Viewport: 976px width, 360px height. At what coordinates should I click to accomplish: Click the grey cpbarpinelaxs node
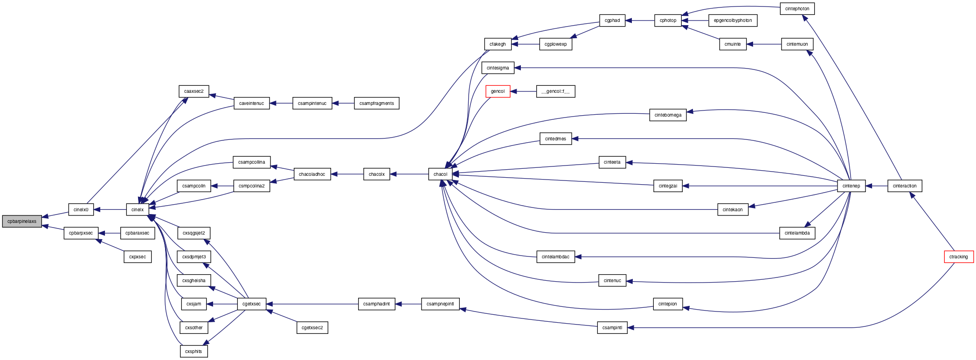coord(22,222)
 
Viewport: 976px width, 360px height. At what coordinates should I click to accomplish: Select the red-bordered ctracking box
coord(959,257)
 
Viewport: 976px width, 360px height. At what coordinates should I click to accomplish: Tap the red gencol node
coord(498,91)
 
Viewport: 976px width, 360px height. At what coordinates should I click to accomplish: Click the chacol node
coord(440,174)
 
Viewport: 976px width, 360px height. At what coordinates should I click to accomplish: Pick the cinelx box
coord(138,210)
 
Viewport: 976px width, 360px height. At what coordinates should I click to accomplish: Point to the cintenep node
coord(851,186)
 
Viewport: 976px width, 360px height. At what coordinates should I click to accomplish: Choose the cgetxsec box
coord(252,304)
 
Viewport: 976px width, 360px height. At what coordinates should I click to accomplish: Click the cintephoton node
coord(797,9)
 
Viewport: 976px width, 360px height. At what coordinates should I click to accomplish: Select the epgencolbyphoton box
coord(733,21)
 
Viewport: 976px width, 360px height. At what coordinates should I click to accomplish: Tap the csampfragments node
coord(377,104)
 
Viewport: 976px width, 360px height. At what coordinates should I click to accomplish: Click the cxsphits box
coord(194,352)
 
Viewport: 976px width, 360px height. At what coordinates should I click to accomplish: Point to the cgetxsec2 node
coord(312,328)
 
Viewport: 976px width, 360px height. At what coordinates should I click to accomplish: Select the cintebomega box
coord(668,115)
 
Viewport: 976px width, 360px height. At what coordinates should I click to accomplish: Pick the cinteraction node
coord(905,186)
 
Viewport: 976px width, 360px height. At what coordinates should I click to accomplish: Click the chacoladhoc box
coord(312,174)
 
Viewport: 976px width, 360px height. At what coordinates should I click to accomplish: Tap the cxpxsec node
coord(138,257)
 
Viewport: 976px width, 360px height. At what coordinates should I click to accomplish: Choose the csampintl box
coord(612,328)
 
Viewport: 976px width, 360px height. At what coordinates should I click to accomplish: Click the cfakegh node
coord(498,44)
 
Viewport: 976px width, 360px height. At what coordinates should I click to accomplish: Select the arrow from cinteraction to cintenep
coord(876,186)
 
